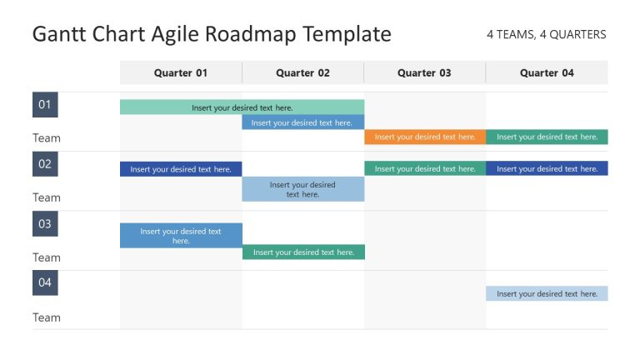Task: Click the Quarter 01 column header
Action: (181, 72)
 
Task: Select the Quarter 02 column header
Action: (302, 72)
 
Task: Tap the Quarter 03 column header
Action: (424, 72)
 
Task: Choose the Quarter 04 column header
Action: (547, 72)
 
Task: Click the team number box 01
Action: (45, 105)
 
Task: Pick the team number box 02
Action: (45, 164)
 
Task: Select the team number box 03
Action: (45, 224)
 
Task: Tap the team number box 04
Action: (45, 283)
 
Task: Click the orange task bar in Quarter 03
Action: (425, 137)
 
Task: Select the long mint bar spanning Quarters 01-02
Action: (242, 107)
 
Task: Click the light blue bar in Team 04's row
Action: (547, 293)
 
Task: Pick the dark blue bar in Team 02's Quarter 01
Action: (181, 169)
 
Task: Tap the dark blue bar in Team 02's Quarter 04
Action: (547, 168)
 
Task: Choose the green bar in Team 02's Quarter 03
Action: (425, 168)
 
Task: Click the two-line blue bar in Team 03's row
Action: (181, 236)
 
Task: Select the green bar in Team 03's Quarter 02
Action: (303, 252)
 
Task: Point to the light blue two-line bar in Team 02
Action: (303, 189)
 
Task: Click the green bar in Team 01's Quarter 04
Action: (547, 137)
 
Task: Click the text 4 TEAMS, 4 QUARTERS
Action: (546, 35)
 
